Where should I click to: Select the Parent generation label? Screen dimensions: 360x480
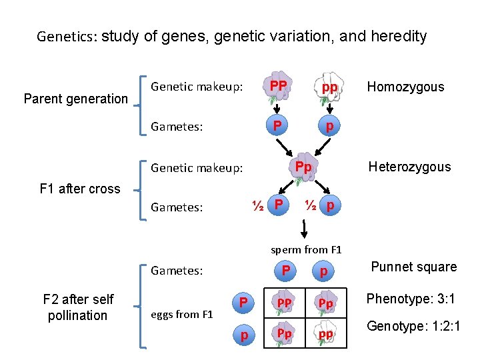75,99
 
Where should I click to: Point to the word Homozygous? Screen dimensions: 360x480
405,87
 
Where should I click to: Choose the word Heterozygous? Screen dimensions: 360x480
409,167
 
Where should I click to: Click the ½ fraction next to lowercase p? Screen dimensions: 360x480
311,205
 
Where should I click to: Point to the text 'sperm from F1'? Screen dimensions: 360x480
306,250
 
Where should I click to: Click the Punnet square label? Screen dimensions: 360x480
413,267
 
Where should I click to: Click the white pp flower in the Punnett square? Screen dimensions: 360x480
325,335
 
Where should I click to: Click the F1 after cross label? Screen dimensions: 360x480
80,189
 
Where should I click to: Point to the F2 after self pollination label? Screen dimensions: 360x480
78,307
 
